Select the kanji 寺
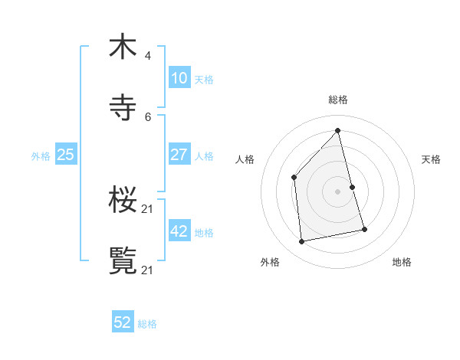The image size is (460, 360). pyautogui.click(x=123, y=107)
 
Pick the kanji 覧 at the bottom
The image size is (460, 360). pyautogui.click(x=123, y=260)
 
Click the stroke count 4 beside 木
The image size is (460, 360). pyautogui.click(x=148, y=56)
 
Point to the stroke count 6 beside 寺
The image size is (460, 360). pyautogui.click(x=148, y=117)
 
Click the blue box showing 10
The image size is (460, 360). pyautogui.click(x=179, y=77)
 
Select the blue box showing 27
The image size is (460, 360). pyautogui.click(x=179, y=154)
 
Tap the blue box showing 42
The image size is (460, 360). pyautogui.click(x=179, y=231)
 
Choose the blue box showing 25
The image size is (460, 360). pyautogui.click(x=65, y=154)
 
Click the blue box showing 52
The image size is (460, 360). pyautogui.click(x=123, y=322)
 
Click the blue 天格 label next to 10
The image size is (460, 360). pyautogui.click(x=204, y=79)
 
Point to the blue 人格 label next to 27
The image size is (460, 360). pyautogui.click(x=204, y=155)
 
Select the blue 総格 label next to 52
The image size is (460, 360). pyautogui.click(x=147, y=324)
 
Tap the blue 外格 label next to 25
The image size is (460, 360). pyautogui.click(x=41, y=155)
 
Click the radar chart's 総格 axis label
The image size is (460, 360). pyautogui.click(x=338, y=100)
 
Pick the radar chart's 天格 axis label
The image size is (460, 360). pyautogui.click(x=431, y=159)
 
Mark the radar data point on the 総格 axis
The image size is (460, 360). pyautogui.click(x=338, y=130)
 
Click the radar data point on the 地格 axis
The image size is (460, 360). pyautogui.click(x=364, y=229)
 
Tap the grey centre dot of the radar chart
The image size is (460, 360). pyautogui.click(x=338, y=191)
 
